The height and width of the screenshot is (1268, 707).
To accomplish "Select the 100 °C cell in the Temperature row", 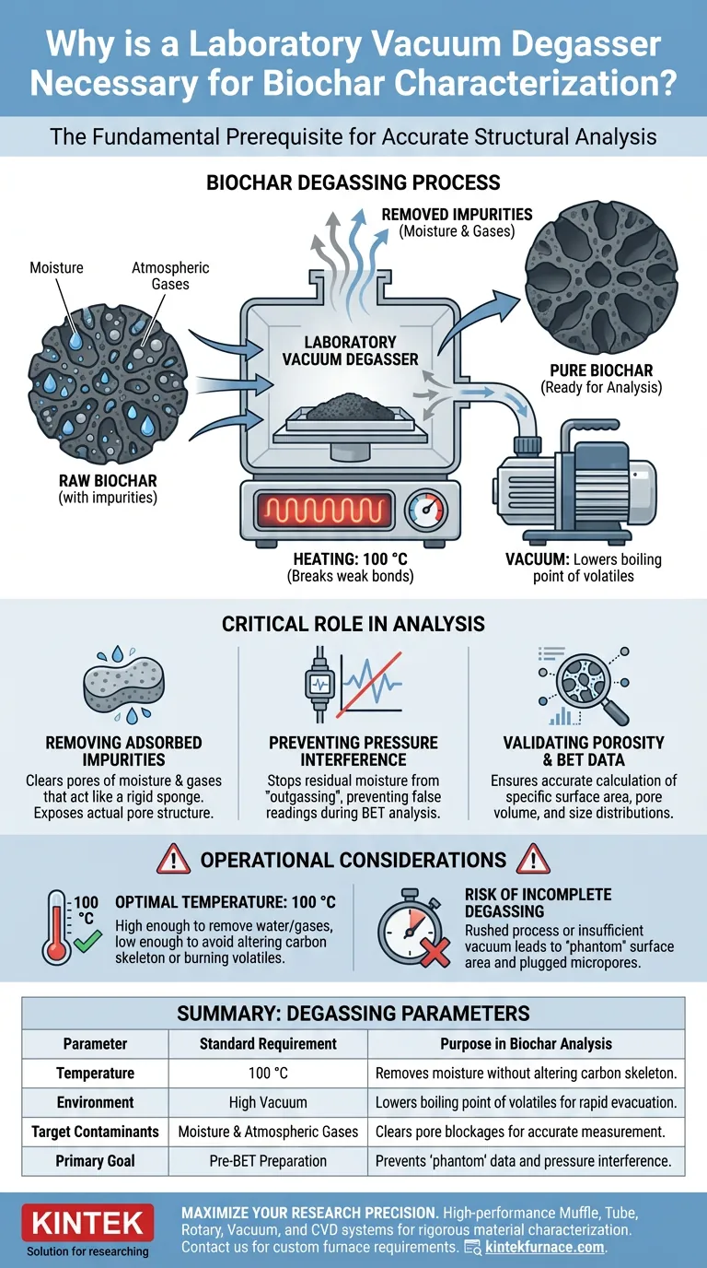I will click(267, 1073).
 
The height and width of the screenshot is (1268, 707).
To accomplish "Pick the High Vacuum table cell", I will click(267, 1102).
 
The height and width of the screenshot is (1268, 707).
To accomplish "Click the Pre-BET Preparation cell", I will click(267, 1161).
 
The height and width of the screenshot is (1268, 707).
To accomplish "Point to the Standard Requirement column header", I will click(267, 1043).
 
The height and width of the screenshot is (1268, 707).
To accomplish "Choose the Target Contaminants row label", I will click(95, 1132).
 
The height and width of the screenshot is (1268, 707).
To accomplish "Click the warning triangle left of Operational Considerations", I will click(174, 860).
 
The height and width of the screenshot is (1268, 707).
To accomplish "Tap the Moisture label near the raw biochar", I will click(56, 267).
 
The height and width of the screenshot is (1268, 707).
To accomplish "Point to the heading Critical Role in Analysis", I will click(353, 624).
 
